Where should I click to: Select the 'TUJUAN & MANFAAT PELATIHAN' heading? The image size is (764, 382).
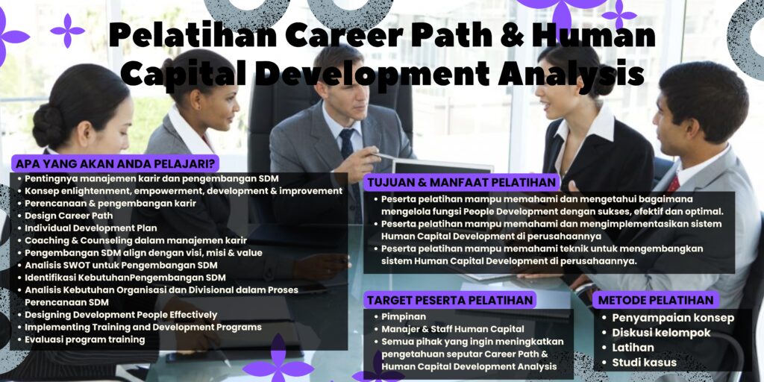[461, 183]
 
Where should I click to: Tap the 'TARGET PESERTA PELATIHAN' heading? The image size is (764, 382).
[451, 300]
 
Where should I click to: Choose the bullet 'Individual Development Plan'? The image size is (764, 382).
[91, 228]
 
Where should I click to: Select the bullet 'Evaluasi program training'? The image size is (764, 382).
[84, 339]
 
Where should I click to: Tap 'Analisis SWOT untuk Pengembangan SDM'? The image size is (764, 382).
[121, 265]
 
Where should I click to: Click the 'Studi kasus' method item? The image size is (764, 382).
[645, 363]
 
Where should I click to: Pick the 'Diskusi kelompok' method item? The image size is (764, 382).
[661, 333]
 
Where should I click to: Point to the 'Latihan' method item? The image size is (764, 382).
[633, 348]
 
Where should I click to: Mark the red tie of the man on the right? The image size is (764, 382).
[673, 184]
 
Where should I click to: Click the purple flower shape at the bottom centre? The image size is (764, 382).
[278, 362]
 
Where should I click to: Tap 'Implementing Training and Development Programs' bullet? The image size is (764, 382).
[143, 327]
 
